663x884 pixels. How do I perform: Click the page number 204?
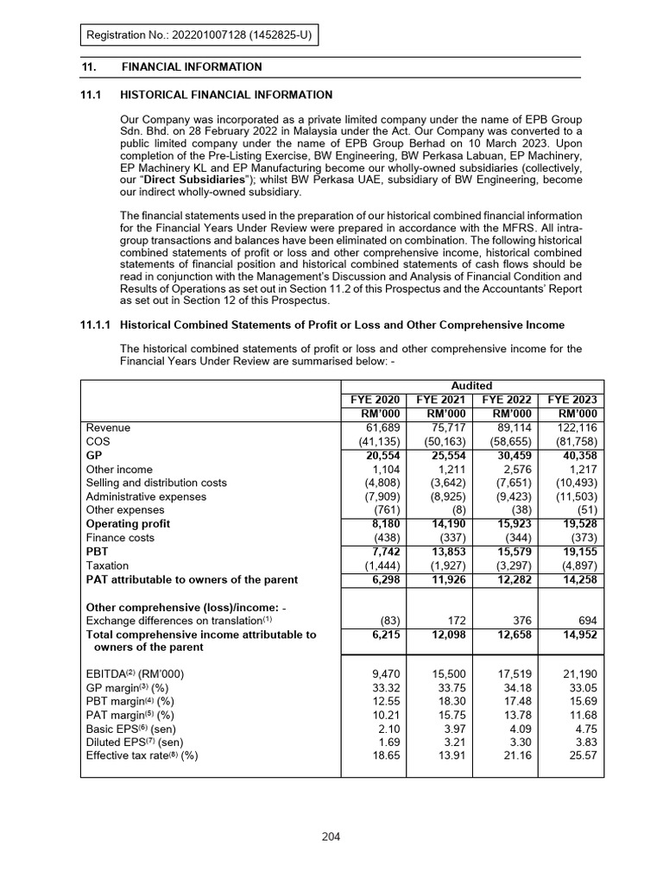pyautogui.click(x=331, y=837)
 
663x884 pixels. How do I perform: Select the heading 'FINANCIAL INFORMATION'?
pyautogui.click(x=192, y=66)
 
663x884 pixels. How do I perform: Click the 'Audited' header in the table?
pyautogui.click(x=472, y=385)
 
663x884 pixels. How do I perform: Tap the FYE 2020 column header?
pyautogui.click(x=375, y=399)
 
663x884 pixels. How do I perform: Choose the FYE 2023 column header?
pyautogui.click(x=571, y=399)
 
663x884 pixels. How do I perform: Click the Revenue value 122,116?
pyautogui.click(x=574, y=426)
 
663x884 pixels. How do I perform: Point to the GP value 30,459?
pyautogui.click(x=509, y=454)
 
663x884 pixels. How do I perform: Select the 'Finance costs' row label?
pyautogui.click(x=121, y=537)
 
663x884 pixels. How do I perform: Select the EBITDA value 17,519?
pyautogui.click(x=509, y=673)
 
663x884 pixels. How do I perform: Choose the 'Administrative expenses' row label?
pyautogui.click(x=146, y=496)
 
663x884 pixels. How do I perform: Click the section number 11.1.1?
pyautogui.click(x=96, y=325)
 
